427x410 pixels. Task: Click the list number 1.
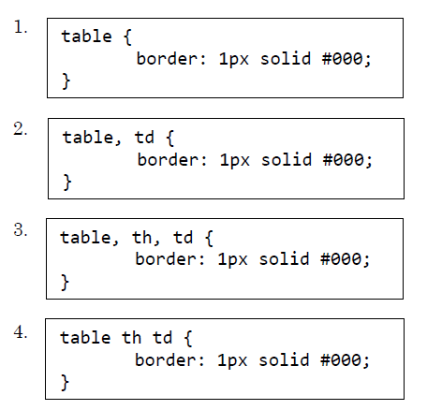pyautogui.click(x=20, y=27)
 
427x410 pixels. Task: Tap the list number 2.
pyautogui.click(x=20, y=128)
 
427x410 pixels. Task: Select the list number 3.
pyautogui.click(x=20, y=229)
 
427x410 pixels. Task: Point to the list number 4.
pyautogui.click(x=20, y=331)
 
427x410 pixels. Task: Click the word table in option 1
pyautogui.click(x=86, y=37)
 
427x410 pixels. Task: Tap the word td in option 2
pyautogui.click(x=144, y=138)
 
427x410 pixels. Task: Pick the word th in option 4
pyautogui.click(x=131, y=338)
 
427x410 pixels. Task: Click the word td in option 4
pyautogui.click(x=162, y=338)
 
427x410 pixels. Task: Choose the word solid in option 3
pyautogui.click(x=284, y=259)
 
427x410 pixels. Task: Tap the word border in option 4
pyautogui.click(x=166, y=360)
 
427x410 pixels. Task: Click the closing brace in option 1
pyautogui.click(x=66, y=81)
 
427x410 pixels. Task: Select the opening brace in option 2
pyautogui.click(x=170, y=139)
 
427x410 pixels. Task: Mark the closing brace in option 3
pyautogui.click(x=65, y=283)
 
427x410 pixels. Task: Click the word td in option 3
pyautogui.click(x=184, y=238)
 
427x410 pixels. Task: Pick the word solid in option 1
pyautogui.click(x=286, y=59)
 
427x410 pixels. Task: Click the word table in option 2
pyautogui.click(x=88, y=138)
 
